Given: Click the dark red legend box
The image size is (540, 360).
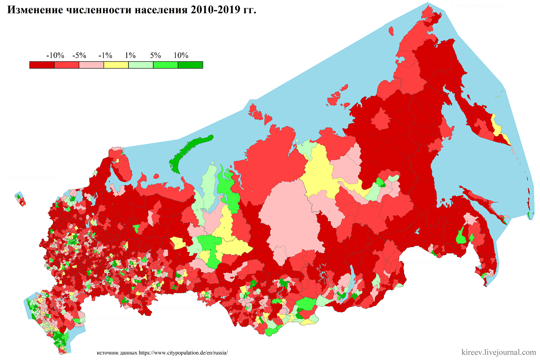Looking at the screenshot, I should [42, 64].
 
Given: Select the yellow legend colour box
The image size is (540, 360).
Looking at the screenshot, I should [116, 64].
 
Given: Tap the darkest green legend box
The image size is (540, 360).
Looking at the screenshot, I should [190, 64].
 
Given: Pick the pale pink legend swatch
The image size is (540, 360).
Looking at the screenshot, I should [91, 64].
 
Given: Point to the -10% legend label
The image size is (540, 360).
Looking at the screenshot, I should [54, 55].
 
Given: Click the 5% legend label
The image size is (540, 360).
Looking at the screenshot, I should [156, 55].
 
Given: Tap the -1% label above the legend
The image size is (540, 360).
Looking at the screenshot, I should [106, 55].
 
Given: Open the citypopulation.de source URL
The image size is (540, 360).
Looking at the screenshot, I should [184, 353].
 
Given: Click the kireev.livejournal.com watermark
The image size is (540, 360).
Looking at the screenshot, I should [499, 352].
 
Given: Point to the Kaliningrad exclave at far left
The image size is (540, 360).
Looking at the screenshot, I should [21, 199].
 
